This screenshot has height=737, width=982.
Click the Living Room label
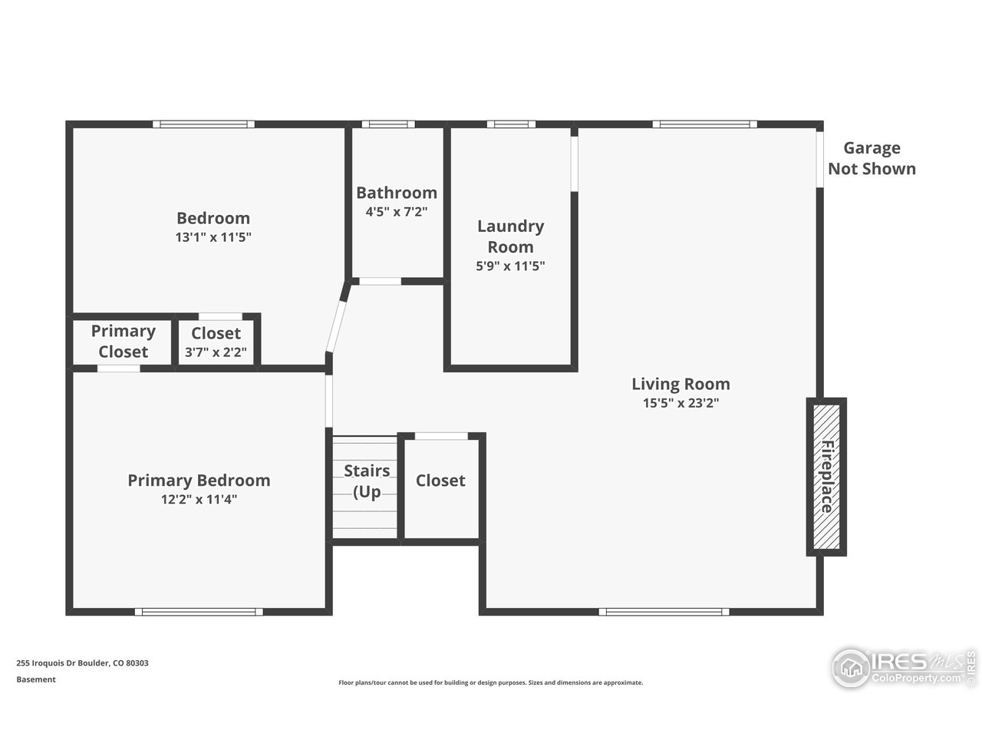(x=680, y=384)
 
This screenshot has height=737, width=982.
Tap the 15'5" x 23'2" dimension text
(x=680, y=403)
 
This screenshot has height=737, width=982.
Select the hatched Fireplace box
(x=825, y=477)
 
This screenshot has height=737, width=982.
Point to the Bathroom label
(x=397, y=193)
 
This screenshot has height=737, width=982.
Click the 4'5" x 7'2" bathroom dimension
(x=397, y=212)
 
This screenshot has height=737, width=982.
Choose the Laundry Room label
(x=510, y=236)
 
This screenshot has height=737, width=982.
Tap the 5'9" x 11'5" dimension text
(x=510, y=266)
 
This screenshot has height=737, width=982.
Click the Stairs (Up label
(x=367, y=481)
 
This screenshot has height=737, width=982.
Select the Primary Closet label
(x=123, y=342)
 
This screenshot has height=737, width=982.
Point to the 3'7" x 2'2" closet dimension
(x=216, y=353)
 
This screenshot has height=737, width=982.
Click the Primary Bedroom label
(x=199, y=481)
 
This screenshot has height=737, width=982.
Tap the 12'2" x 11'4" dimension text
(x=199, y=500)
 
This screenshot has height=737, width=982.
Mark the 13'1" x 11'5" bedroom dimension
(x=213, y=238)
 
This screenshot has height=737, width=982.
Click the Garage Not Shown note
(x=872, y=159)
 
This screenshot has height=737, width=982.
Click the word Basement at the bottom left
(x=36, y=679)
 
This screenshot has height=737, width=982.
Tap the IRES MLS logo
(x=902, y=666)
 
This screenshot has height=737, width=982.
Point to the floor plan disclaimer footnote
(x=491, y=682)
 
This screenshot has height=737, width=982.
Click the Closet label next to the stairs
(x=440, y=481)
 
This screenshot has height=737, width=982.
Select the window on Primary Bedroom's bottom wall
(x=199, y=612)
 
